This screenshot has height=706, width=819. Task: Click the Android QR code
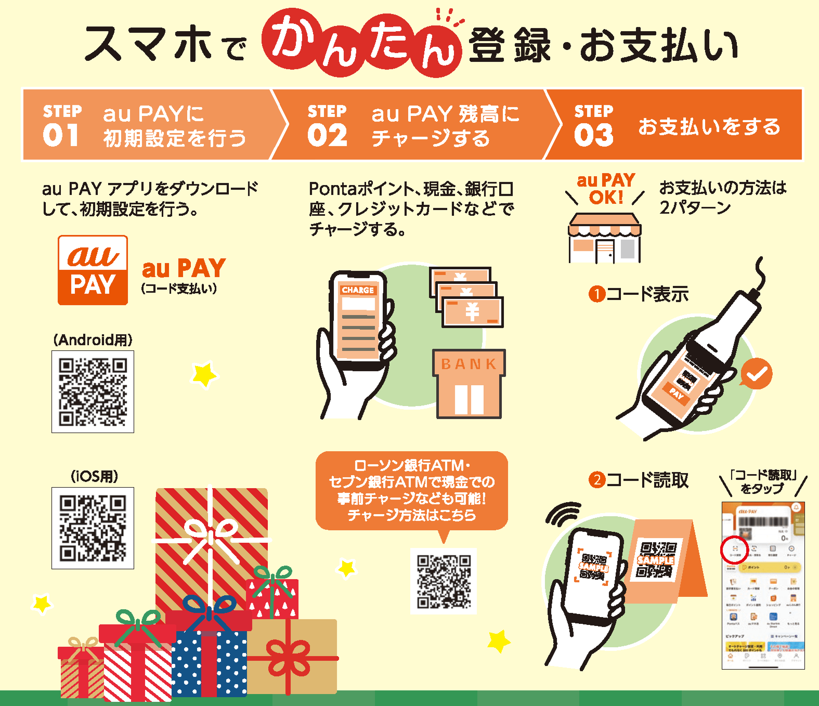click(x=93, y=391)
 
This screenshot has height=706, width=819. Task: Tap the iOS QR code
click(x=93, y=528)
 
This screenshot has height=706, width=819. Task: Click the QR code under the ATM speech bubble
click(x=444, y=581)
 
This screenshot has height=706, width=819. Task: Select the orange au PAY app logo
click(x=93, y=270)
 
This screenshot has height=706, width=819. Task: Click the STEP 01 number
click(x=61, y=135)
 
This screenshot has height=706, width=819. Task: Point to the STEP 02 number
click(x=327, y=135)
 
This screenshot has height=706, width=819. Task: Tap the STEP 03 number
click(x=593, y=135)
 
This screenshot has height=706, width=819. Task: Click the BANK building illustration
click(x=469, y=385)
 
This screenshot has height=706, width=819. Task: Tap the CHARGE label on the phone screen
click(x=358, y=290)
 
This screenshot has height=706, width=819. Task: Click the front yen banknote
click(x=472, y=312)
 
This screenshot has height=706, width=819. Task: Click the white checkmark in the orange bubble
click(x=757, y=374)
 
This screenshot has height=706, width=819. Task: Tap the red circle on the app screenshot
click(x=734, y=549)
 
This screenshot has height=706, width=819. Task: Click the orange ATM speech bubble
click(x=411, y=490)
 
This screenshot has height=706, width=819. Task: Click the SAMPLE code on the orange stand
click(x=656, y=560)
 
